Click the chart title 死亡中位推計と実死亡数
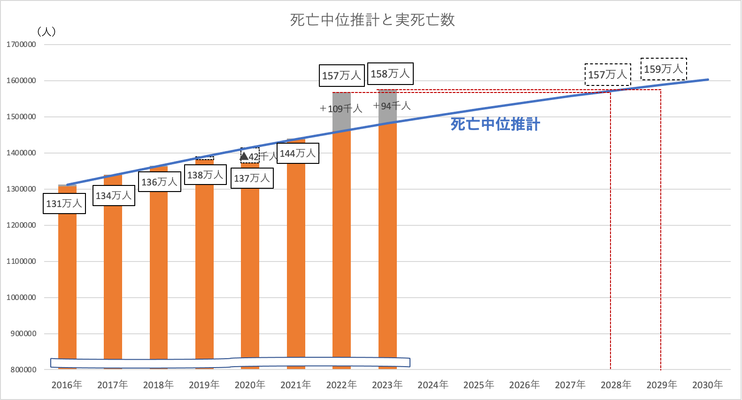click(x=372, y=20)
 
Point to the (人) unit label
click(x=46, y=31)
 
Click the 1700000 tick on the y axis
click(x=21, y=45)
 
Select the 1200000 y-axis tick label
click(x=21, y=225)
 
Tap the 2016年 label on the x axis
click(x=67, y=385)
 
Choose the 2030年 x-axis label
click(x=707, y=385)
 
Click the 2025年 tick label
click(x=479, y=385)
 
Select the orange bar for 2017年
click(x=113, y=282)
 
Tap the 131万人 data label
click(x=64, y=204)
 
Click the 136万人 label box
click(x=160, y=182)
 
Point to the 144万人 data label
click(x=298, y=154)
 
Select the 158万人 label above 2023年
click(x=390, y=74)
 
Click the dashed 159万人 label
click(x=664, y=69)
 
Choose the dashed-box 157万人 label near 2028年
click(x=608, y=75)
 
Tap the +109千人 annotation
click(x=341, y=109)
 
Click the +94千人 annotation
click(x=392, y=106)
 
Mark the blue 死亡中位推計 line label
click(x=495, y=124)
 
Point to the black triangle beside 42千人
click(x=244, y=155)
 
